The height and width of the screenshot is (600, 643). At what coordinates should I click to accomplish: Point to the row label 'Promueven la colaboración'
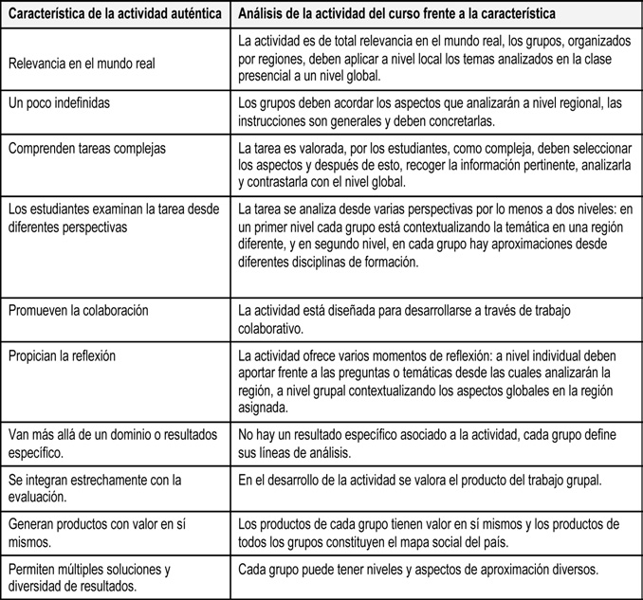78,310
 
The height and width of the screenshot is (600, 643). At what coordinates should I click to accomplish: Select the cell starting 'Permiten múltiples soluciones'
88,576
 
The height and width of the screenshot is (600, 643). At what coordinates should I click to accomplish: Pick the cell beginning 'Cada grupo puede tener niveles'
417,570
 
